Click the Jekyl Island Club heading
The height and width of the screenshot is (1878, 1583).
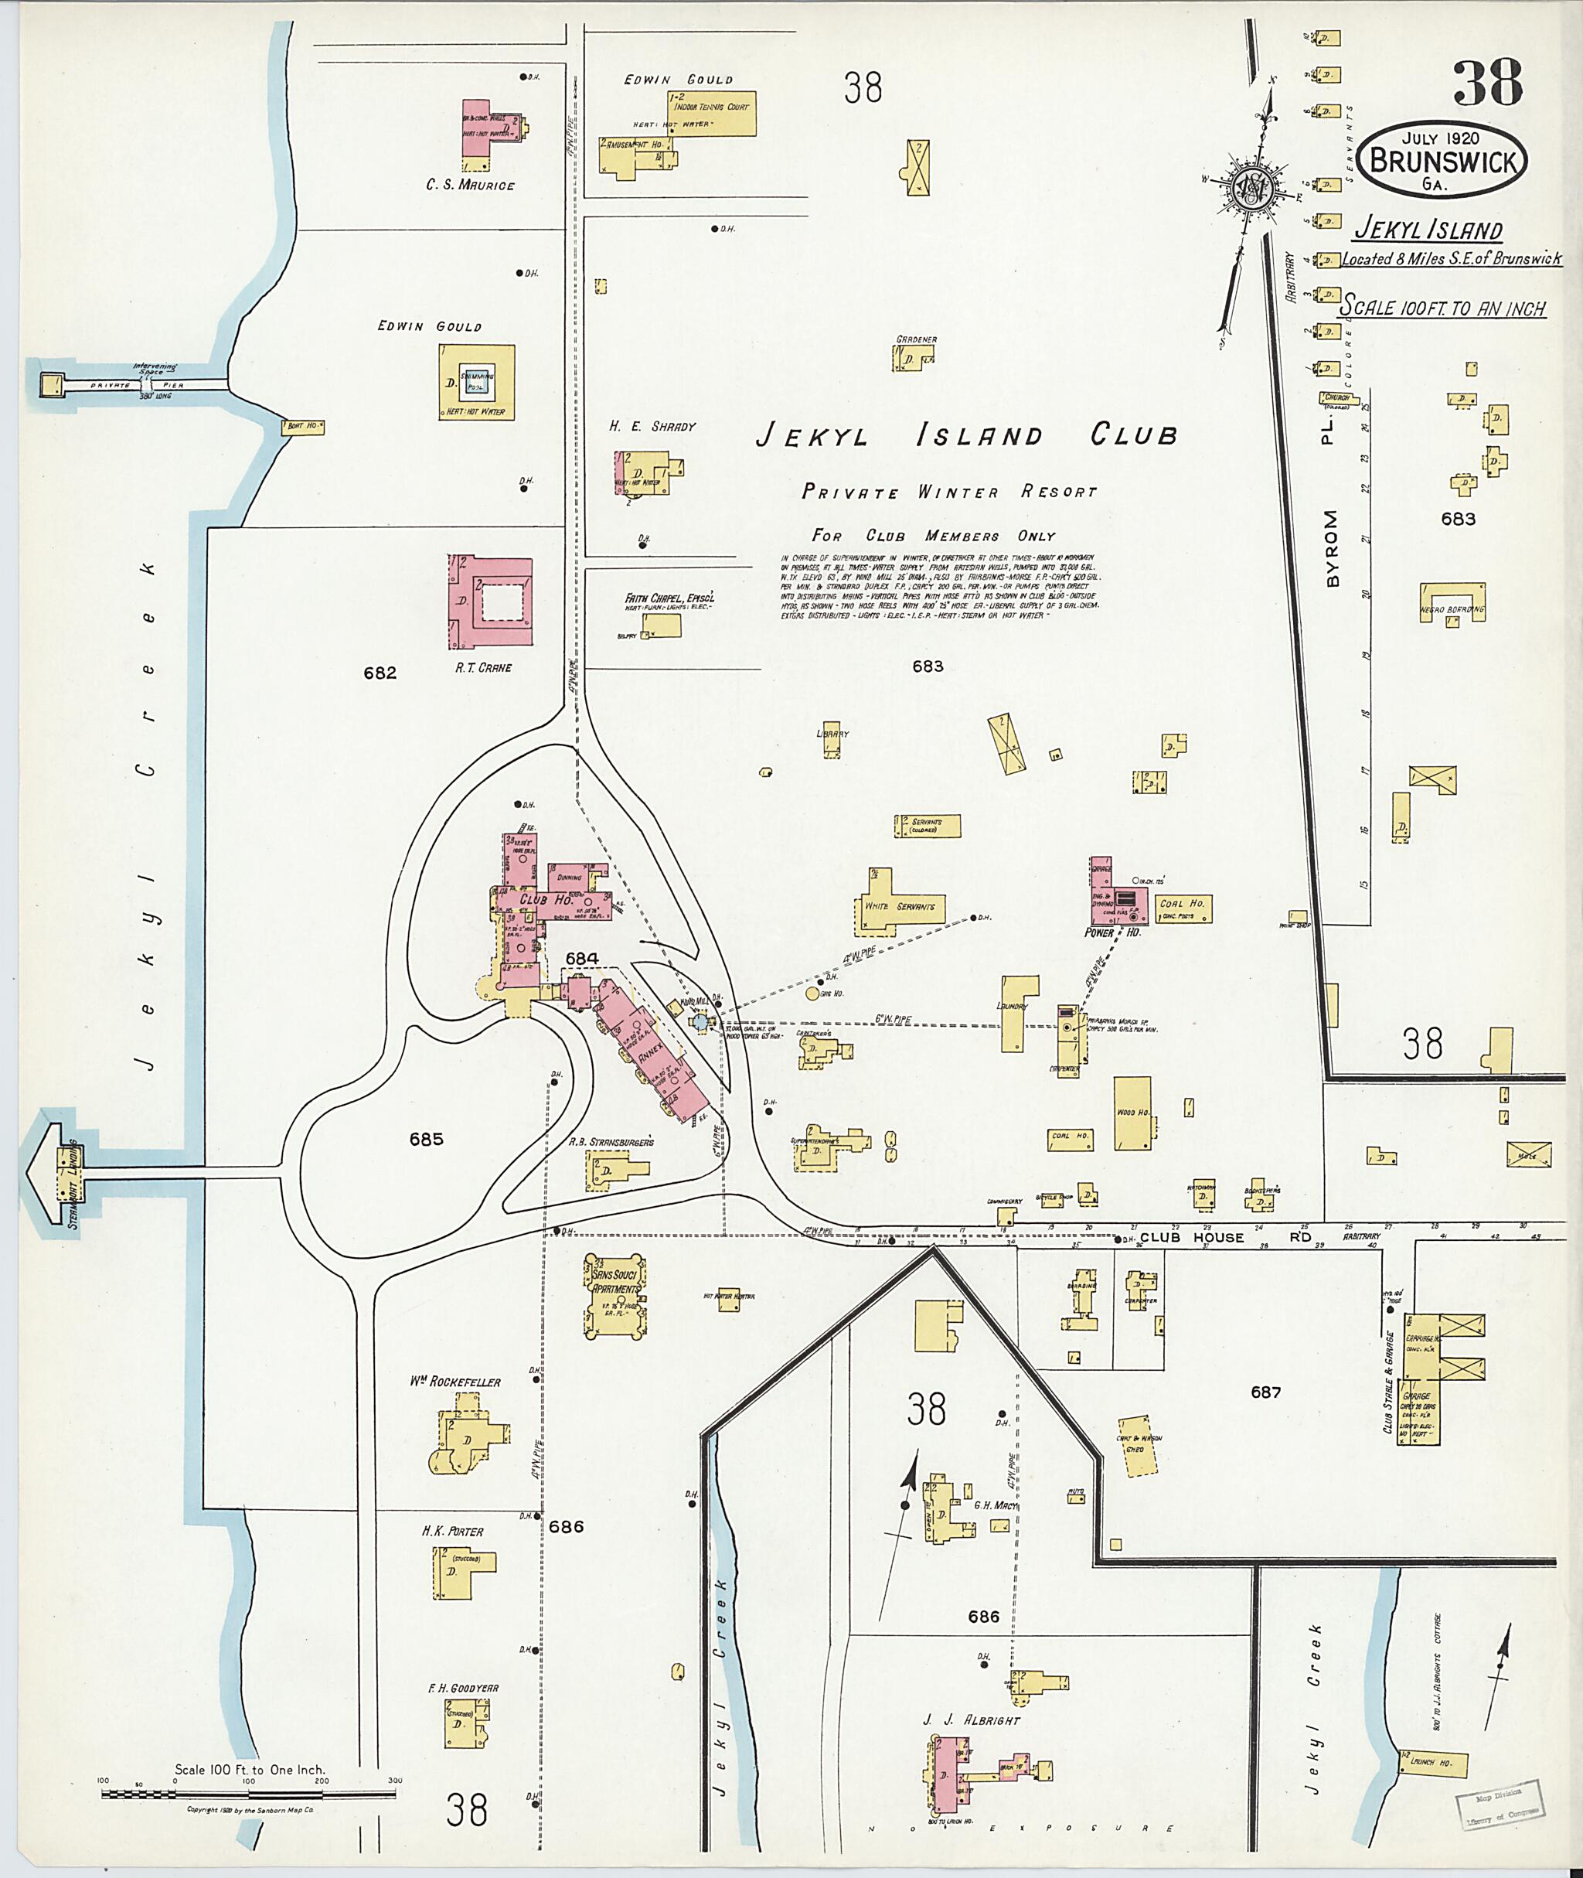click(x=965, y=436)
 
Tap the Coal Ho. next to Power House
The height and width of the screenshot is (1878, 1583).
click(x=1182, y=908)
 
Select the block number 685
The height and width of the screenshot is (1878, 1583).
click(x=426, y=1139)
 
